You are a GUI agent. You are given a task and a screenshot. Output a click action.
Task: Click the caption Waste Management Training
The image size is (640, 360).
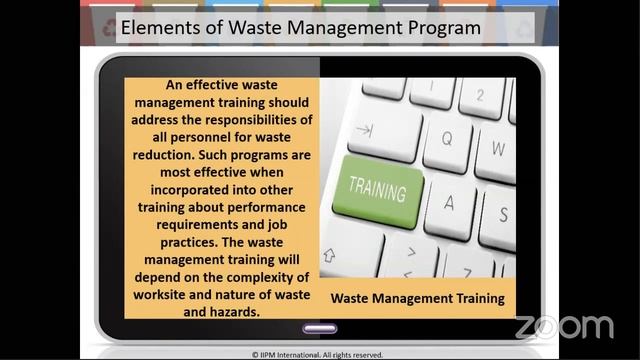click(417, 298)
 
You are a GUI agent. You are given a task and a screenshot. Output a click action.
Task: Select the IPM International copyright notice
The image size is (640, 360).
click(320, 354)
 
